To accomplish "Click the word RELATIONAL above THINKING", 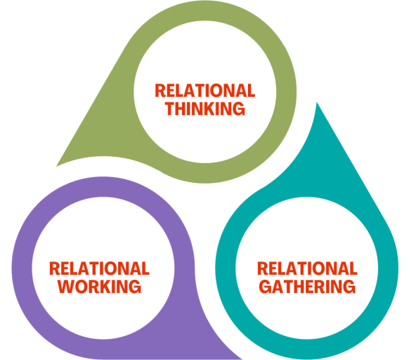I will pyautogui.click(x=204, y=91).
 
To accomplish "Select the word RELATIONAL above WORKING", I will pyautogui.click(x=99, y=269).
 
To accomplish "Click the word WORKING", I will pyautogui.click(x=99, y=286).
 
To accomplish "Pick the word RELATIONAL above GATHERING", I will pyautogui.click(x=307, y=269).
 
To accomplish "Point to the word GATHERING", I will pyautogui.click(x=307, y=286).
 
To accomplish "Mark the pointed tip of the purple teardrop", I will pyautogui.click(x=241, y=357).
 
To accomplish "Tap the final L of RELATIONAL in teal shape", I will pyautogui.click(x=353, y=269).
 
